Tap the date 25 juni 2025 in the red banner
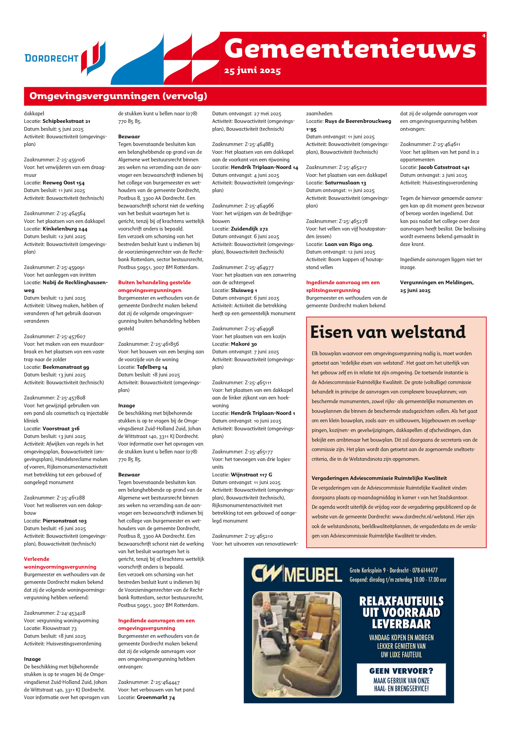[252, 71]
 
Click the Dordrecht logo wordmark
[52, 59]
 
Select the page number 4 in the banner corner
[483, 36]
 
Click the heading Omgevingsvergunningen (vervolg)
[118, 96]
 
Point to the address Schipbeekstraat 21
[66, 121]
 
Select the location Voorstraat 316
[61, 429]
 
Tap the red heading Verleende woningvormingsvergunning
[60, 563]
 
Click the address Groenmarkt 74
[156, 698]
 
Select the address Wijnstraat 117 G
[251, 475]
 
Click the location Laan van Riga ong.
[349, 244]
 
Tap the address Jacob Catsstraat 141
[444, 167]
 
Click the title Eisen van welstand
[388, 332]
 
